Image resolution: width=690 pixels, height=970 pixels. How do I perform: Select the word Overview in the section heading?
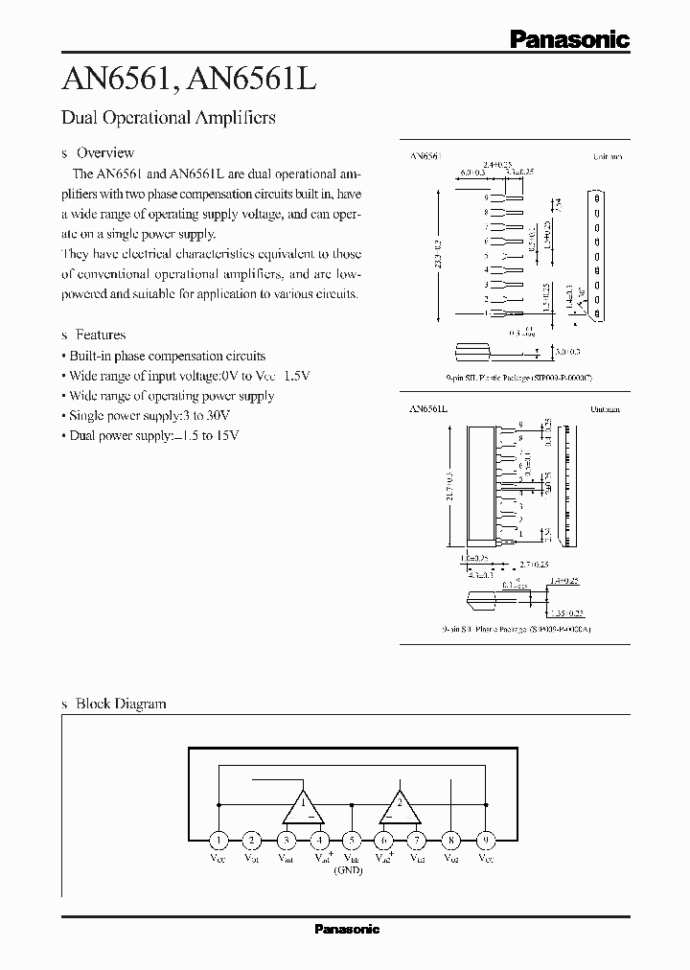[x=105, y=152]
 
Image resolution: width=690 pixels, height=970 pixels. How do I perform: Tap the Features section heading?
[x=101, y=335]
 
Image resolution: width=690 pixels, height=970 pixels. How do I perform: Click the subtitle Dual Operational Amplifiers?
[x=168, y=118]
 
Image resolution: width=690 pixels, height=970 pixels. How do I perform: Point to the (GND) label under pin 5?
[x=347, y=869]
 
